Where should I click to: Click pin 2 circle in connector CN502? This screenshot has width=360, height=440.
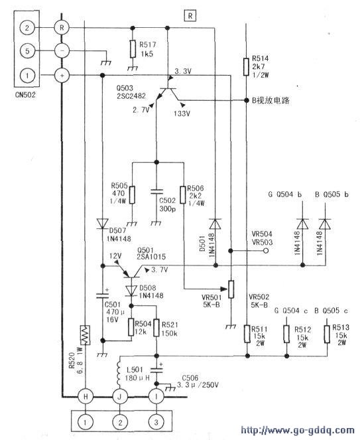(27, 28)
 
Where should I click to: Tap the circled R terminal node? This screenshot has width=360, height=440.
(62, 28)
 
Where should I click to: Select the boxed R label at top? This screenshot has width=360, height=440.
(190, 16)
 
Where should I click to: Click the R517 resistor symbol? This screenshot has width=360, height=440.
(133, 49)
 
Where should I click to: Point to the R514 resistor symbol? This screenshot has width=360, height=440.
(246, 67)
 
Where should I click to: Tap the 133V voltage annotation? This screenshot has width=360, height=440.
(182, 113)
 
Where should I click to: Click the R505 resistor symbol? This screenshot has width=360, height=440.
(133, 194)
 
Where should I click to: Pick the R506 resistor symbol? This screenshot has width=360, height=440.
(183, 194)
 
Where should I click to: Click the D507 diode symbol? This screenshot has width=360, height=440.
(102, 224)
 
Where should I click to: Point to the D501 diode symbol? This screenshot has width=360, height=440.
(215, 224)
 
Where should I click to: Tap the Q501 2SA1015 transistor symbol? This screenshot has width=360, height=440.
(131, 273)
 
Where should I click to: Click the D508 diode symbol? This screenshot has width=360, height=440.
(131, 291)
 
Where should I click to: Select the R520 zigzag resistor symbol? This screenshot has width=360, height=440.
(86, 334)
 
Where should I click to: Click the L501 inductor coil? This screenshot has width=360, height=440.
(119, 370)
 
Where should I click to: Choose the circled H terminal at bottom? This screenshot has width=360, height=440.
(86, 396)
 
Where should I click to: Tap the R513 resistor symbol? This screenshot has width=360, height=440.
(327, 334)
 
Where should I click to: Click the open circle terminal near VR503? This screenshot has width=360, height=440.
(265, 251)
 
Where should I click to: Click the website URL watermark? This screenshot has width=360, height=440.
(298, 430)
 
